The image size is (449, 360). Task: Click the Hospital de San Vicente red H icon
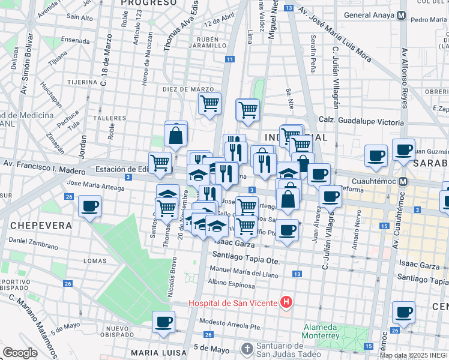(287, 302)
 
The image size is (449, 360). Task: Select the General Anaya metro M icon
(403, 15)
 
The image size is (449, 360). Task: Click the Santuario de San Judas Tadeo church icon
(247, 349)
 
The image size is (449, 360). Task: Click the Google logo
(20, 353)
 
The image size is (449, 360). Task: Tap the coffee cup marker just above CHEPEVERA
(90, 206)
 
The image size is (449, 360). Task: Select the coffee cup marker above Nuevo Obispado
(163, 322)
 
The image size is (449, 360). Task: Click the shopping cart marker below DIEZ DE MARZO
(209, 103)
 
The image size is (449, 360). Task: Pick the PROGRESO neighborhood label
(149, 3)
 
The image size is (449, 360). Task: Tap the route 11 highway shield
(230, 59)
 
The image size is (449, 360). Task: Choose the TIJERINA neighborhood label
(82, 82)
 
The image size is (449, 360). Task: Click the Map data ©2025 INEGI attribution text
(414, 355)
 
